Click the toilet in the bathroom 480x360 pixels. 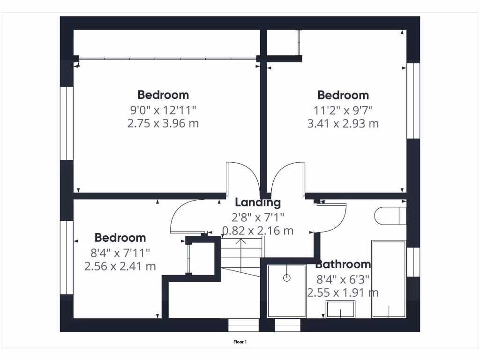[390, 216]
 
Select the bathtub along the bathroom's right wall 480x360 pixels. [389, 279]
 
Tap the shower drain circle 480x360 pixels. [287, 278]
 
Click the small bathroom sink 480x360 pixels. [340, 310]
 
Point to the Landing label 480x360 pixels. [258, 202]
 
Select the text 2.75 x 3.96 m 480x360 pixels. [163, 124]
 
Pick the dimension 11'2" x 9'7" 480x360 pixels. [343, 110]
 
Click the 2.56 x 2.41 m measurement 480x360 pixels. [120, 266]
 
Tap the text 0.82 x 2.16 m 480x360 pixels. [258, 231]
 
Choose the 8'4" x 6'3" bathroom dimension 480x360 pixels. [343, 279]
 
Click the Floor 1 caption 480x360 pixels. [240, 342]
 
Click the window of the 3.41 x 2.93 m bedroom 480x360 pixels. [413, 101]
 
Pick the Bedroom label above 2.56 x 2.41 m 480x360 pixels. [120, 238]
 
